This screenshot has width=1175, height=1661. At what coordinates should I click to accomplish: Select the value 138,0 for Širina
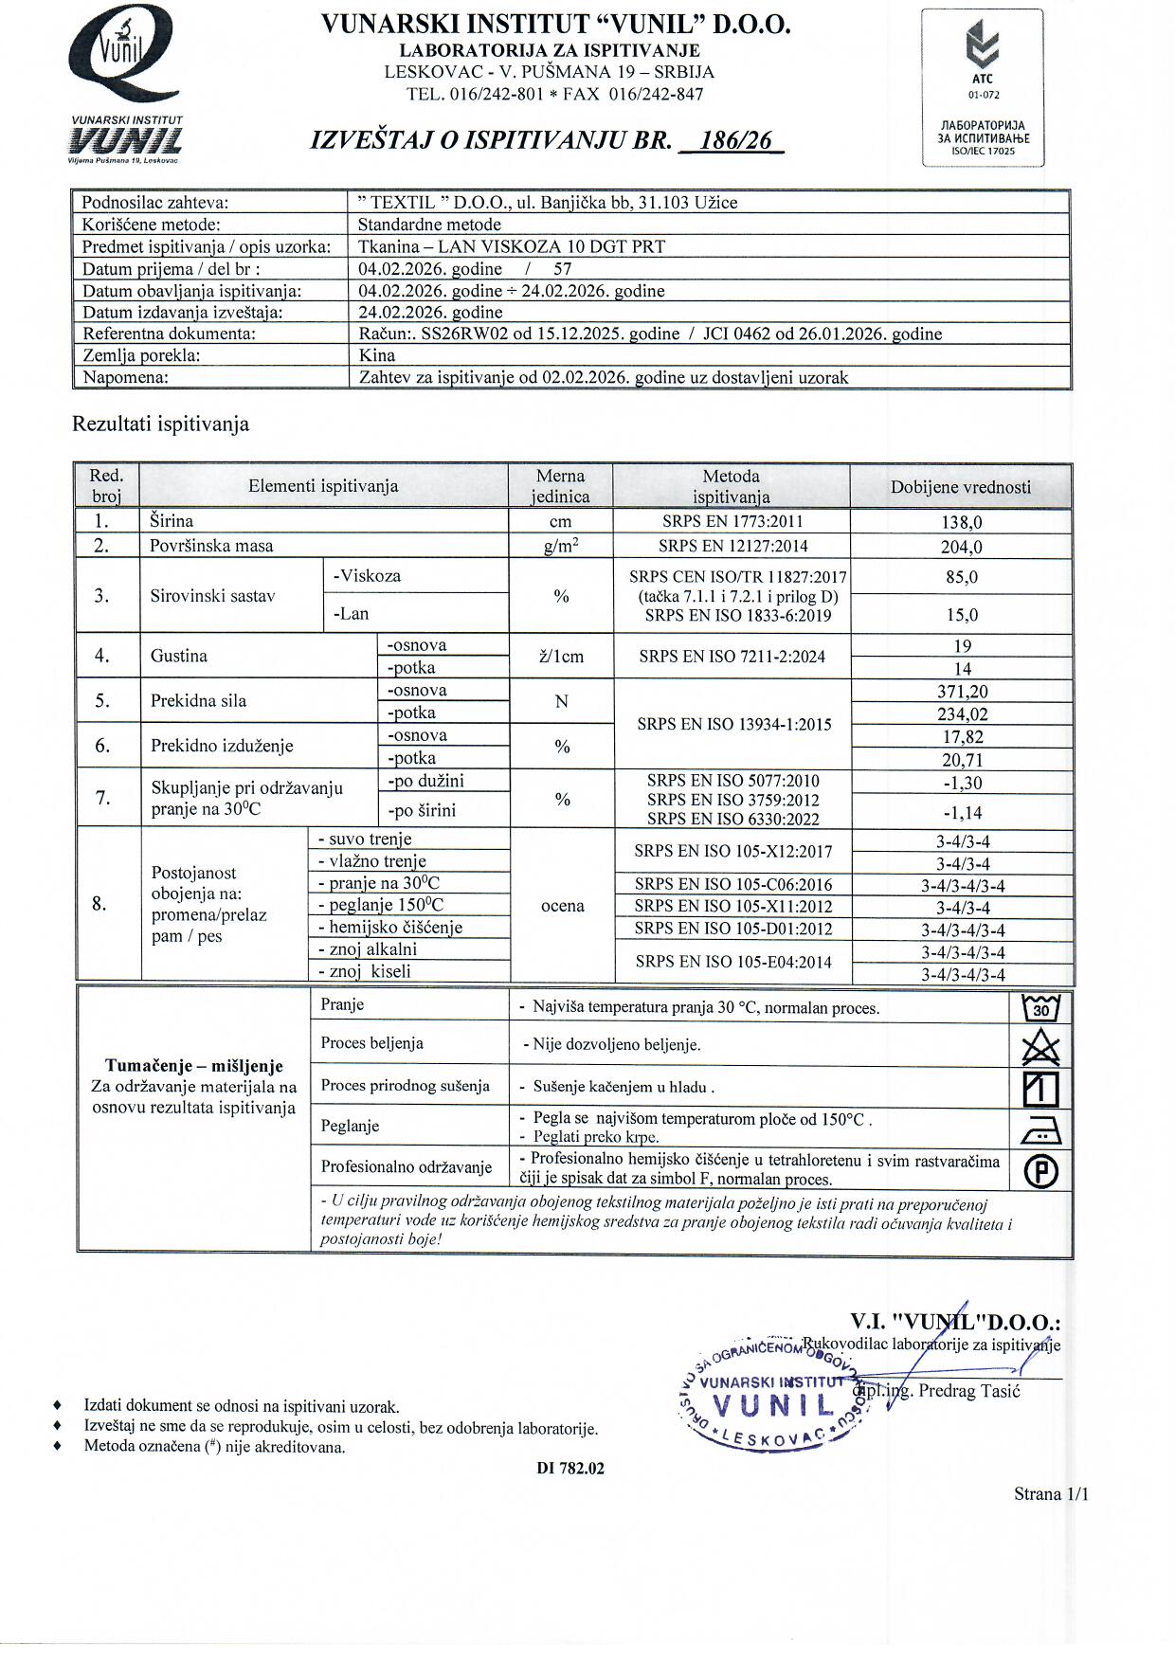[x=962, y=522]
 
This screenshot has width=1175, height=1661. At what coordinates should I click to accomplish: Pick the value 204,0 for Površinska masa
[x=962, y=547]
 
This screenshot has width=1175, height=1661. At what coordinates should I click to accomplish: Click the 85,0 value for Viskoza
[x=962, y=577]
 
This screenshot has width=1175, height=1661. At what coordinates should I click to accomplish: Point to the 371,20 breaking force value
[x=962, y=692]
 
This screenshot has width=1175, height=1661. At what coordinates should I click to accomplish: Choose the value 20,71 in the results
[x=962, y=760]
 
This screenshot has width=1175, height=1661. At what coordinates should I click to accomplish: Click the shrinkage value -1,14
[x=962, y=812]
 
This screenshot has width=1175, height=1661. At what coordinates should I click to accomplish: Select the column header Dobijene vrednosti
[x=960, y=487]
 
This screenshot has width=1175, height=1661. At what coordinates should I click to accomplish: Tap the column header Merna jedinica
[x=560, y=486]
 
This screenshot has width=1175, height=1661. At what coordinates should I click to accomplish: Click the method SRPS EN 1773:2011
[x=731, y=521]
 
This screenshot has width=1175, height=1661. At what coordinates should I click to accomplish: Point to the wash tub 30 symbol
[x=1041, y=1007]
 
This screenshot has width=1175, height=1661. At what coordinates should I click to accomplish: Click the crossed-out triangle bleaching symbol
[x=1041, y=1047]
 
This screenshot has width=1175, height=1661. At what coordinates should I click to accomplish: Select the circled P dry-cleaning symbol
[x=1041, y=1172]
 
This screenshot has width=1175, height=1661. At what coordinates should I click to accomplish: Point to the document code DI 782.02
[x=569, y=1469]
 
